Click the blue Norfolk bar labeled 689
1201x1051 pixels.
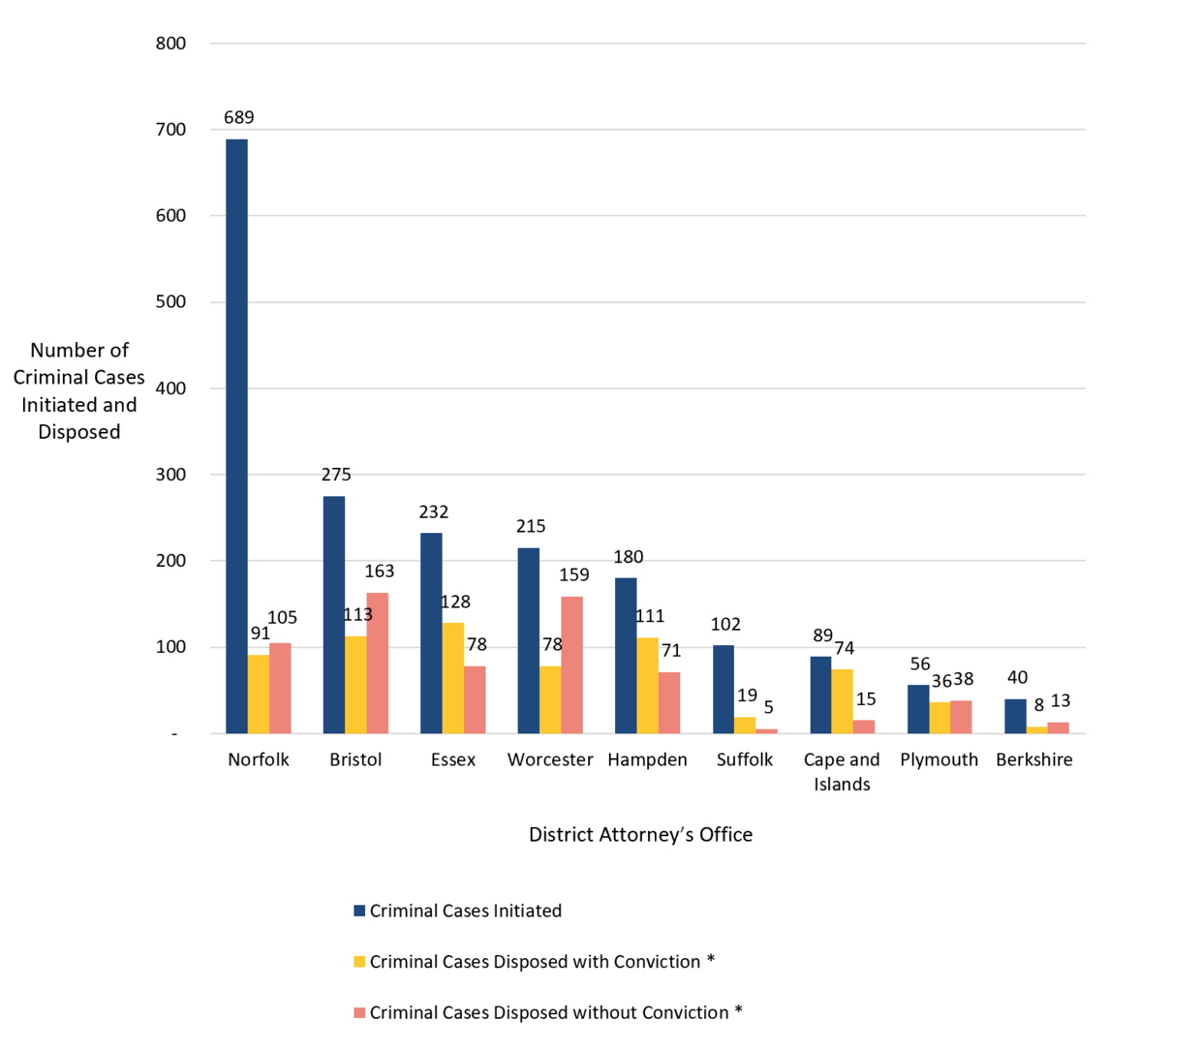coord(236,436)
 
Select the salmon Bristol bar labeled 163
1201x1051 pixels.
coord(377,664)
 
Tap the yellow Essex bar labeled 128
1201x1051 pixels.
coord(452,678)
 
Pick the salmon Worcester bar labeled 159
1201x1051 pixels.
coord(571,665)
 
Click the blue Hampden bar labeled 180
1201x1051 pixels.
coord(626,656)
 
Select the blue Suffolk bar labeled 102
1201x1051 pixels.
coord(724,690)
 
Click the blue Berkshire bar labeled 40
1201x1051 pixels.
coord(1015,717)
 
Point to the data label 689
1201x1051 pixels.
coord(238,118)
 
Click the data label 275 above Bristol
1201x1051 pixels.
coord(336,475)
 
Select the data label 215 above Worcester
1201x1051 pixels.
coord(531,527)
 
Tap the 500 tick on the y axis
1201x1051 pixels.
coord(170,302)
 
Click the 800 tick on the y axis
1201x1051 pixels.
coord(170,44)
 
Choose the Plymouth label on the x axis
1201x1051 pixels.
coord(939,760)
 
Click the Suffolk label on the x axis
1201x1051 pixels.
coord(744,760)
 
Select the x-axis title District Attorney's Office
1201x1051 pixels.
coord(640,835)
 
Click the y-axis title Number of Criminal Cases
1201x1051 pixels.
coord(79,391)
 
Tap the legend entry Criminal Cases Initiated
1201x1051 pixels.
coord(465,912)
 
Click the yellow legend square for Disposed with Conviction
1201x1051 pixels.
coord(359,963)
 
